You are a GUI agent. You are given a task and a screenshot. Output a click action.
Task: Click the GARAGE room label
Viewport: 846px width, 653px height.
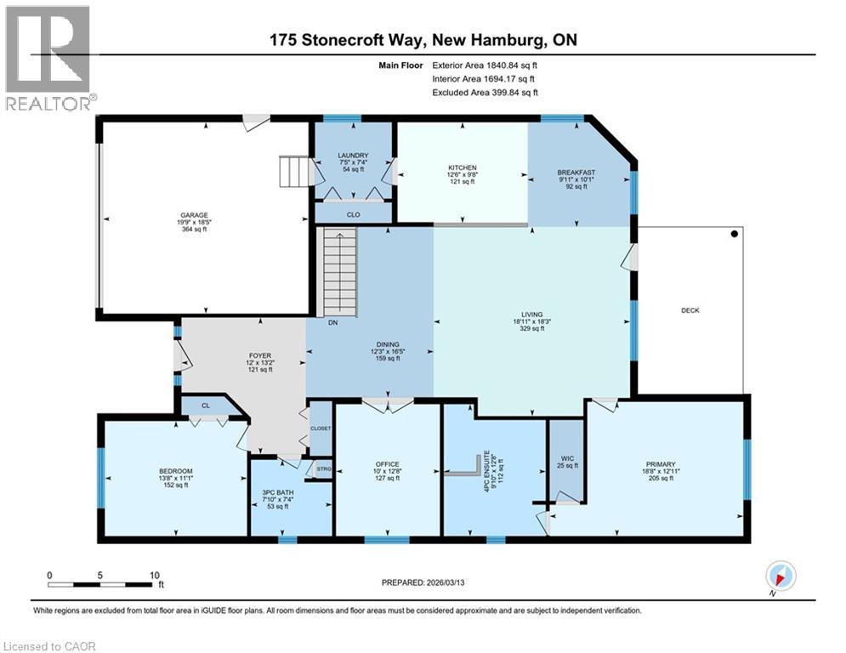point(194,215)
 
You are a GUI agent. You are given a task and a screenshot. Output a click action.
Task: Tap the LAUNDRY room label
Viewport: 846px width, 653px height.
point(354,156)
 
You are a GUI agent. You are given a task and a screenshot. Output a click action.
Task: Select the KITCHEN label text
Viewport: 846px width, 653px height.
point(463,168)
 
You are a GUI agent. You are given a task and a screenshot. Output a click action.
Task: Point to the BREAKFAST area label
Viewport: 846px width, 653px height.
point(576,173)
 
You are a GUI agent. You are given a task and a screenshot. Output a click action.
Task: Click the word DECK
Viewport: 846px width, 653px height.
point(690,310)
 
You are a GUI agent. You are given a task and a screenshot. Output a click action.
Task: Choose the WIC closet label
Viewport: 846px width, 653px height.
point(567,459)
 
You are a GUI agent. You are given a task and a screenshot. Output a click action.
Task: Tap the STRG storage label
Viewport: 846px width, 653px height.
point(324,469)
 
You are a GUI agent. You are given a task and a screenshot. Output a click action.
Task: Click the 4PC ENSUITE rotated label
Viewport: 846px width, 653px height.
point(486,470)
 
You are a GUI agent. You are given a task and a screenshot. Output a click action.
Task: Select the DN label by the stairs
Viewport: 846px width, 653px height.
point(333,322)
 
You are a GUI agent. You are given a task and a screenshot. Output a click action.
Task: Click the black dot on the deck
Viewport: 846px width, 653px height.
point(735,234)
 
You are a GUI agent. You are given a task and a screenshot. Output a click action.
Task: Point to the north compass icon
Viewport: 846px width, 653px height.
point(781,576)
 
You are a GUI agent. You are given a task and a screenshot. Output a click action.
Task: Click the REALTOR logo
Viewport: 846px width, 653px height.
point(49,59)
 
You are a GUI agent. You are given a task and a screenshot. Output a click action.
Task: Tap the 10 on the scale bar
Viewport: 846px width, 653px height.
point(155,576)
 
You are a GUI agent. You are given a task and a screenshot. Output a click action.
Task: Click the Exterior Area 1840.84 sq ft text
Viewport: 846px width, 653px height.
point(485,65)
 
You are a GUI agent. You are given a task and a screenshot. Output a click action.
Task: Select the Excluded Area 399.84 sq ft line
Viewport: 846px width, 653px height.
point(485,93)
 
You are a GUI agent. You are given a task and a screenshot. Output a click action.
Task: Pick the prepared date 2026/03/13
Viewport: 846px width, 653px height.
point(446,582)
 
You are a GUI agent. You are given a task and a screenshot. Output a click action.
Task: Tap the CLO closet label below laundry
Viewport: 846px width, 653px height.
point(354,215)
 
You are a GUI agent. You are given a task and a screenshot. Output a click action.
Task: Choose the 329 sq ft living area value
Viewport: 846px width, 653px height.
point(532,328)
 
